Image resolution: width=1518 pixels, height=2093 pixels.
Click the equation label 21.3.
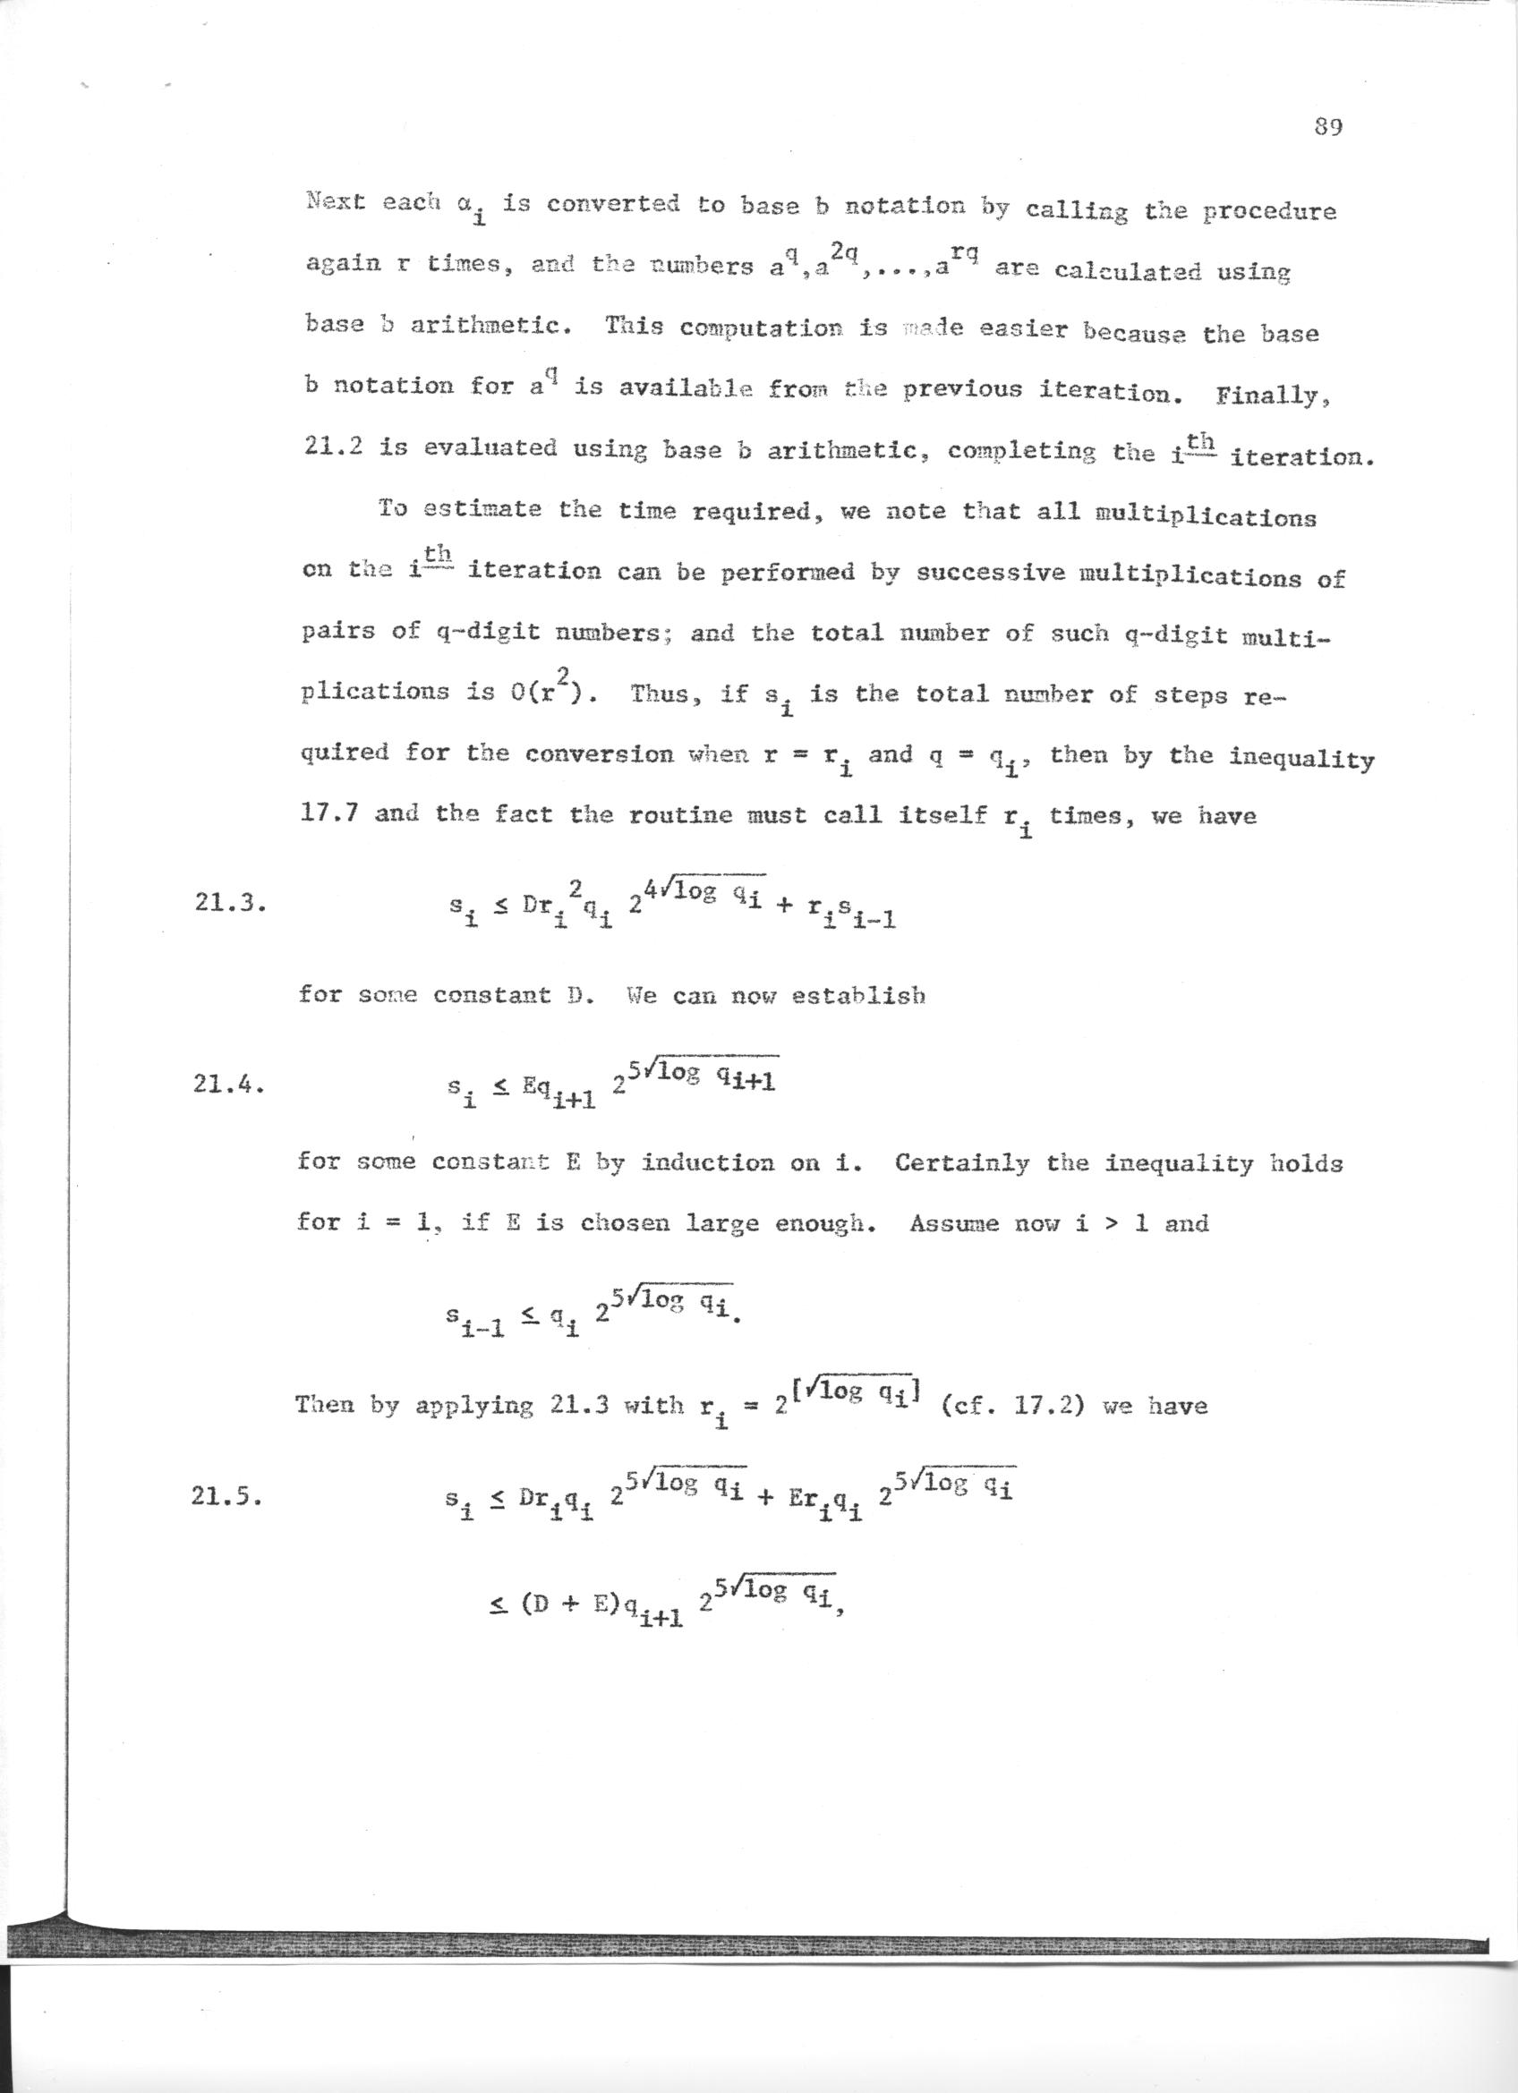click(230, 904)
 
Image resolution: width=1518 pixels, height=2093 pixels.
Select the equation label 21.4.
click(230, 1085)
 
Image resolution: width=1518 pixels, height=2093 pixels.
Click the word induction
click(709, 1161)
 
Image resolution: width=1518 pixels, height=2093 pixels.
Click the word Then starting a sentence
click(326, 1405)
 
